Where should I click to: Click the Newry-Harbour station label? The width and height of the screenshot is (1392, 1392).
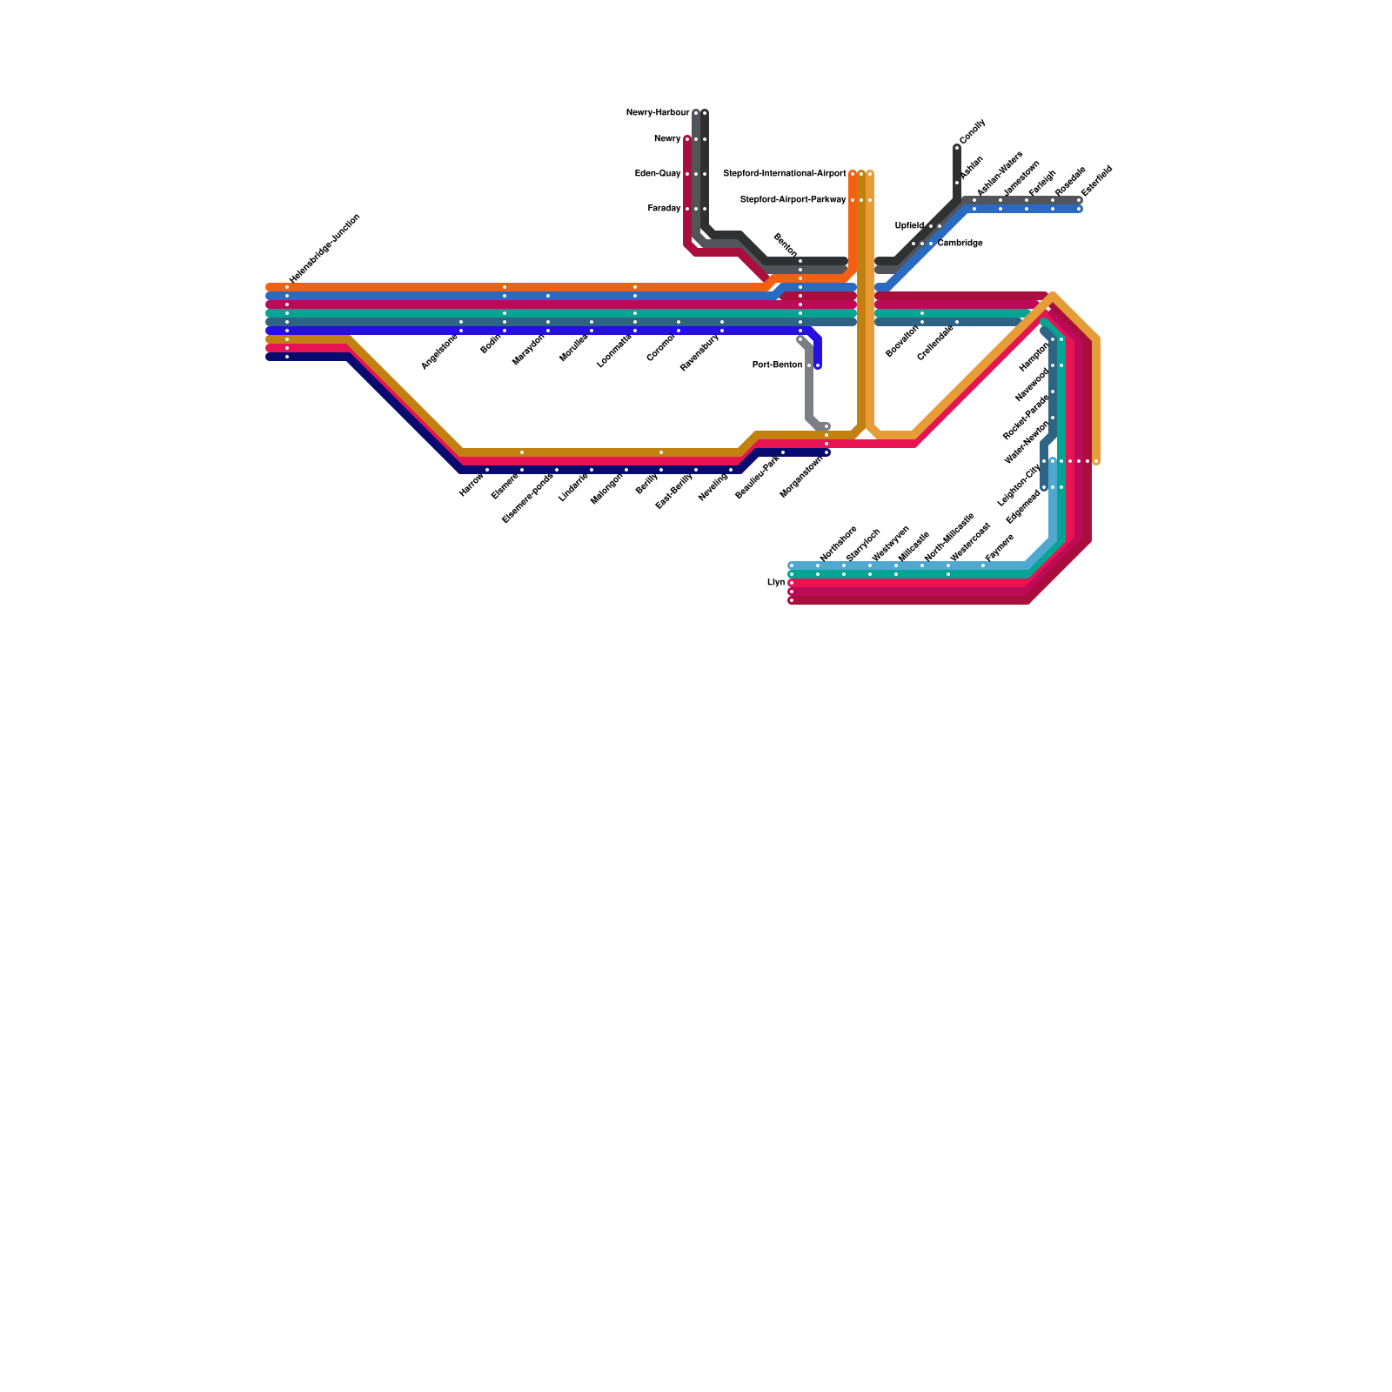(657, 113)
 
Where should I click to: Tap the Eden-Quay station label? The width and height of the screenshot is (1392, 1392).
(657, 174)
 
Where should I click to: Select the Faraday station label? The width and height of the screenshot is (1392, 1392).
(664, 209)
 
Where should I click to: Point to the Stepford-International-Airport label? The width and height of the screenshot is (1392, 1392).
(784, 174)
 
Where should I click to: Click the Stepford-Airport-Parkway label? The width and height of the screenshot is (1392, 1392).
(793, 200)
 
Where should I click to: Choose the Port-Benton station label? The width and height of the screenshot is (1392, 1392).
(777, 365)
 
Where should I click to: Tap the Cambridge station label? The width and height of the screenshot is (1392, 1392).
(960, 244)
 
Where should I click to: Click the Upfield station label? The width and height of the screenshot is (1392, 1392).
(909, 226)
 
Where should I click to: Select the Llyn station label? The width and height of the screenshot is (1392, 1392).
(776, 583)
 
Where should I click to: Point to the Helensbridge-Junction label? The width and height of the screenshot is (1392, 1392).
(324, 248)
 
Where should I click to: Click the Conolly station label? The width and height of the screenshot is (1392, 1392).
(972, 131)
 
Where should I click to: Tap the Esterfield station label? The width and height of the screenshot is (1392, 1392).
(1096, 181)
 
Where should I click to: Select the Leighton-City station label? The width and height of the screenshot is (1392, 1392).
(1019, 485)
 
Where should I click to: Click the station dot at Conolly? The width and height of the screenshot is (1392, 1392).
(957, 148)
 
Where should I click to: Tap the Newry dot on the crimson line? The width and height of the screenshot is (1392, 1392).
(687, 139)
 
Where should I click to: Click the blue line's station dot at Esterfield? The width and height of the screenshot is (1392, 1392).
(1079, 209)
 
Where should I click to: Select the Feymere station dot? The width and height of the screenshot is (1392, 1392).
(983, 565)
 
